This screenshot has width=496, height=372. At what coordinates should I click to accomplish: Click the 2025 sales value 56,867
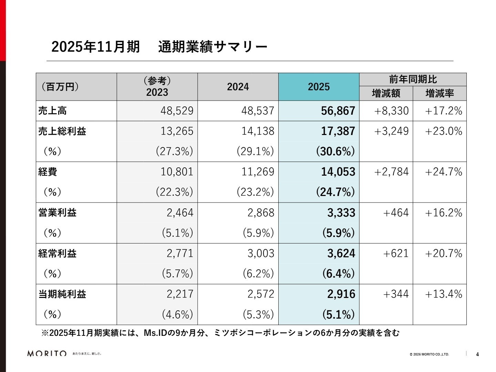click(x=338, y=111)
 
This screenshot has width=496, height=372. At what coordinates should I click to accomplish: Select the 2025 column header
click(x=319, y=87)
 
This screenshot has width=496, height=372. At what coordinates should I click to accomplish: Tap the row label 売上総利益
click(x=62, y=131)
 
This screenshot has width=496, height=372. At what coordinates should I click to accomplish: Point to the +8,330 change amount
click(x=391, y=111)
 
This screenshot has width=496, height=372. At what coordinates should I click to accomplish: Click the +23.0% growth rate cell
click(x=443, y=131)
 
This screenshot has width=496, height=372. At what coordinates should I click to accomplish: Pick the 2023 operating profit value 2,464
click(x=180, y=213)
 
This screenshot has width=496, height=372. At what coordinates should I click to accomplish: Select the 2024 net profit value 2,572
click(x=261, y=294)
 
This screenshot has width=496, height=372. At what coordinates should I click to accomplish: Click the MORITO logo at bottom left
click(x=47, y=353)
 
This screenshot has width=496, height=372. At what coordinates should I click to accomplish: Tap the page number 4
click(x=477, y=354)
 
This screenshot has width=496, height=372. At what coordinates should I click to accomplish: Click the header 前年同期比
click(x=413, y=80)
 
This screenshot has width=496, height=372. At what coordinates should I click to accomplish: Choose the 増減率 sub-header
click(x=440, y=93)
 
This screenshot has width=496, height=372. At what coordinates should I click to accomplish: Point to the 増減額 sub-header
click(x=386, y=93)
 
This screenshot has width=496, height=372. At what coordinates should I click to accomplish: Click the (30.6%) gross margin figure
click(x=335, y=152)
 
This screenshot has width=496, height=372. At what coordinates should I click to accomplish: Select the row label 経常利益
click(x=57, y=254)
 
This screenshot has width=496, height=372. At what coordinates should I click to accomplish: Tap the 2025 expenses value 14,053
click(x=338, y=172)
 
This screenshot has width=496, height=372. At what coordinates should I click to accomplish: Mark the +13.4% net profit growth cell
click(x=443, y=294)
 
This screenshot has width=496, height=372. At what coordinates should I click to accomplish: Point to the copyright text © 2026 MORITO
click(x=429, y=354)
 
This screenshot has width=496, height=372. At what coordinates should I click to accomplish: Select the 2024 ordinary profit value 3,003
click(x=261, y=254)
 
